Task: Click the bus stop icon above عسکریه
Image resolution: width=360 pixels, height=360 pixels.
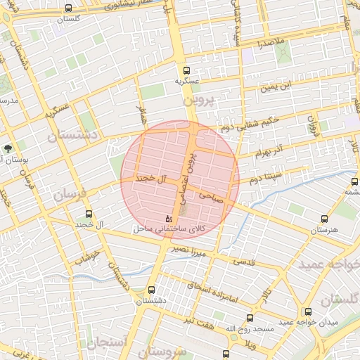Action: tap(186, 70)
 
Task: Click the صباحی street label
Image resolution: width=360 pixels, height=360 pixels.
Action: tap(211, 196)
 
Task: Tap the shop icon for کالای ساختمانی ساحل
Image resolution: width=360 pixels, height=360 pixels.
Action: tap(167, 219)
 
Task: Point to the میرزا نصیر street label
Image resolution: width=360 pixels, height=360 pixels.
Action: tap(192, 251)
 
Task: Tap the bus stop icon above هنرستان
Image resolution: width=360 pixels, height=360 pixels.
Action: tap(323, 219)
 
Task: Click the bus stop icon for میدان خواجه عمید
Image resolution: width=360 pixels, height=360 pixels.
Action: tap(307, 311)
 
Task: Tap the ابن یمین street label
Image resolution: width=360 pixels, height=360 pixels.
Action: tap(275, 88)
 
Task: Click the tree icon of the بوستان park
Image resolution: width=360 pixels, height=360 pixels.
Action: tap(8, 148)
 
